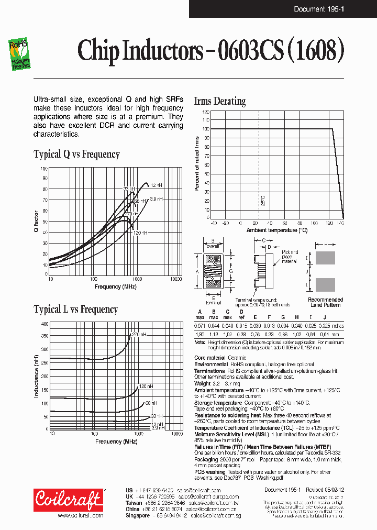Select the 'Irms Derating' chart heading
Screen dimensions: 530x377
pyautogui.click(x=219, y=101)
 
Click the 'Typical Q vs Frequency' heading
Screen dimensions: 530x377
pyautogui.click(x=76, y=154)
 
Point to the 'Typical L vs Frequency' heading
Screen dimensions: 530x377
pyautogui.click(x=75, y=310)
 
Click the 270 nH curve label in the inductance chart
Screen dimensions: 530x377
pyautogui.click(x=139, y=334)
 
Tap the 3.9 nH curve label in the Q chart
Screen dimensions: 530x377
pyautogui.click(x=156, y=199)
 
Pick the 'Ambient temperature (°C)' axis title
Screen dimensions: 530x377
pyautogui.click(x=277, y=230)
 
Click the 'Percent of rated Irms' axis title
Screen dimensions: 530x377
pyautogui.click(x=197, y=163)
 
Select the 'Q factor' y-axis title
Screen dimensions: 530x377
pyautogui.click(x=36, y=222)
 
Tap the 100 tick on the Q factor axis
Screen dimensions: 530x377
pyautogui.click(x=43, y=169)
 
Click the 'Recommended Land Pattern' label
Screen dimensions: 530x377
pyautogui.click(x=325, y=302)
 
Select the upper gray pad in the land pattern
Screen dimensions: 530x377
pyautogui.click(x=325, y=258)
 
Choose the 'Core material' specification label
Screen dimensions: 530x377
pyautogui.click(x=209, y=358)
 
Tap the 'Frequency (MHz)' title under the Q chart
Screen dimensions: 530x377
pyautogui.click(x=115, y=286)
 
